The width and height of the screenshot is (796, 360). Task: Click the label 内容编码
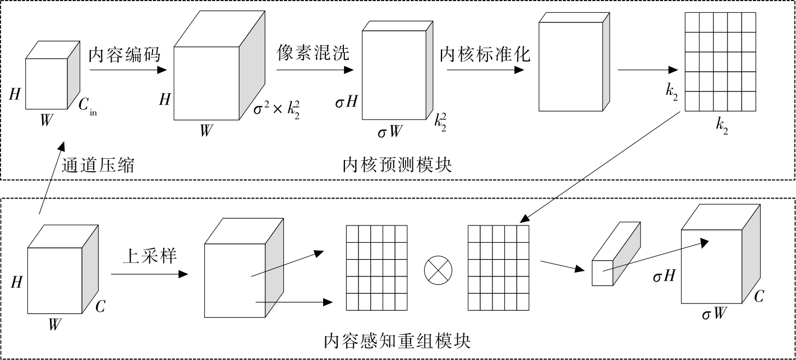(125, 54)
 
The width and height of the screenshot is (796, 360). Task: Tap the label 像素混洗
(312, 53)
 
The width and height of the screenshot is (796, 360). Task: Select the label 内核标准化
(485, 54)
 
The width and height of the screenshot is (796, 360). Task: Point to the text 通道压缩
(98, 165)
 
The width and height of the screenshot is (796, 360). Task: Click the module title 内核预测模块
(397, 165)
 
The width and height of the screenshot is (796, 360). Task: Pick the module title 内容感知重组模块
(397, 340)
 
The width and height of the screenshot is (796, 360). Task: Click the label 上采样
(150, 256)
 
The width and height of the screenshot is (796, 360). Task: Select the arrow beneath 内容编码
(128, 70)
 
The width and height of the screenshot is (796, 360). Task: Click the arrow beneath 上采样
(149, 274)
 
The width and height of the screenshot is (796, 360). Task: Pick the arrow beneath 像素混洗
(315, 70)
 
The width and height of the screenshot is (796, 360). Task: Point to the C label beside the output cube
(758, 297)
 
